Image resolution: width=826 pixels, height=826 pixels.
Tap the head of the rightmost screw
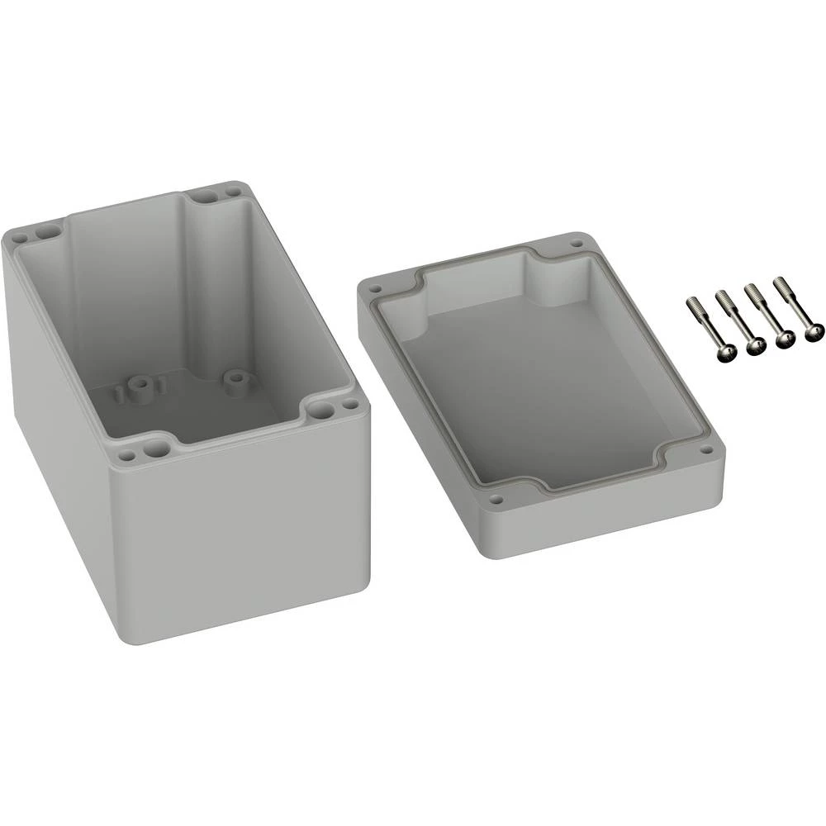coord(814,332)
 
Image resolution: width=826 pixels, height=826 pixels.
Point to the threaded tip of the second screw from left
coord(720,295)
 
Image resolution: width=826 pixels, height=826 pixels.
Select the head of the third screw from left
coord(785,337)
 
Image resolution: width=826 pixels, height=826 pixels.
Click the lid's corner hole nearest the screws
coord(575,244)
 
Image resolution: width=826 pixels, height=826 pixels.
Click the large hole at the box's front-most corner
coord(154,450)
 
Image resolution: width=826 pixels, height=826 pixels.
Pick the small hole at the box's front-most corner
coord(126,455)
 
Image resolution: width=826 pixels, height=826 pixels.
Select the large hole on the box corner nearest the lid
coord(322,411)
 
